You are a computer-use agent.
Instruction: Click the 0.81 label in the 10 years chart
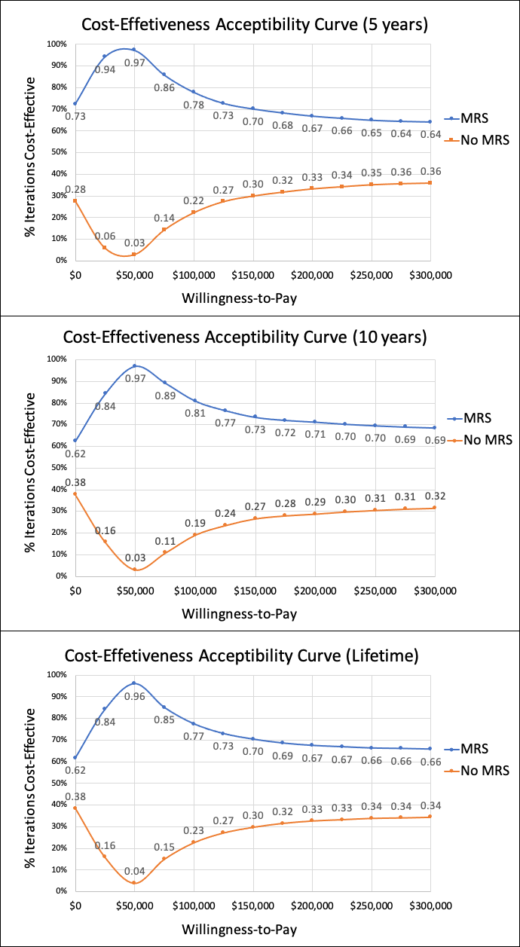tap(196, 413)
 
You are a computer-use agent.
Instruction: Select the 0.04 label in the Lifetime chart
tap(134, 871)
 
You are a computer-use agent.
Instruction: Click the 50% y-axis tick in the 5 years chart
tap(59, 152)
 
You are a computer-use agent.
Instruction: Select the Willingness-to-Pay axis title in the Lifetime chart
tap(239, 929)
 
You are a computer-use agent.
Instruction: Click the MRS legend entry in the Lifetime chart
tap(474, 749)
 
